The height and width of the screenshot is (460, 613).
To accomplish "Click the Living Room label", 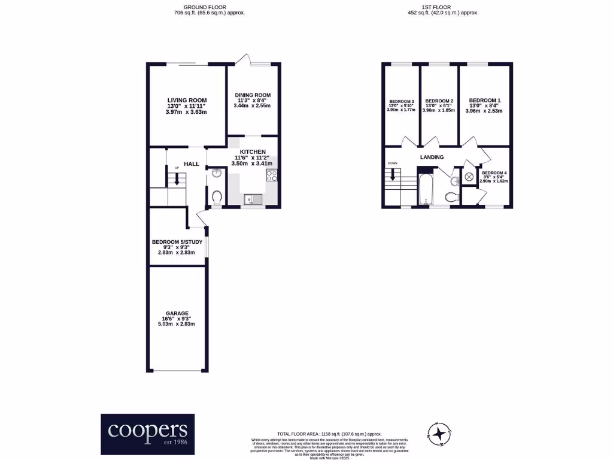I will pos(187,100).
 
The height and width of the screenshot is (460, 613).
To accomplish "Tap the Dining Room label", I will pos(252,95).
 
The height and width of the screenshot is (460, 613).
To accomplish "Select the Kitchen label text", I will pos(252,152).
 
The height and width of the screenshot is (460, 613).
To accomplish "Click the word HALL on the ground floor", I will pos(191,164).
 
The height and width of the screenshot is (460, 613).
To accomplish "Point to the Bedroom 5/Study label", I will pos(178,242).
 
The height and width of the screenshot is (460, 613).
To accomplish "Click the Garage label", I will pos(178,313).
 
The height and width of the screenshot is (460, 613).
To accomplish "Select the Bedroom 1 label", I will pos(484,100).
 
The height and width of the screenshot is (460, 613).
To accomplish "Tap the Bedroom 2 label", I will pos(439,101).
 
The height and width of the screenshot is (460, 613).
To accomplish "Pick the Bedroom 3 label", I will pos(401,101).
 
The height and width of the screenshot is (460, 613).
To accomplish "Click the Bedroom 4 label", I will pos(493,173).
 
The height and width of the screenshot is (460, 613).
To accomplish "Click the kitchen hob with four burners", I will pos(272,176).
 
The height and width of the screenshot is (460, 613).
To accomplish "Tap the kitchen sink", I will pos(251,197).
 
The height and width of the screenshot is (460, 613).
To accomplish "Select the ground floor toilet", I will pos(217,197).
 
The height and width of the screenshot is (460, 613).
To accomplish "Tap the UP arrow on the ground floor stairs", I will pos(176,178).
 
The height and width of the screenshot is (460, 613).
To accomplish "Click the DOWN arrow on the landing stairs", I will pos(393,174).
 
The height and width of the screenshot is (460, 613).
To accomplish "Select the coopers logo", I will pos(147,431).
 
